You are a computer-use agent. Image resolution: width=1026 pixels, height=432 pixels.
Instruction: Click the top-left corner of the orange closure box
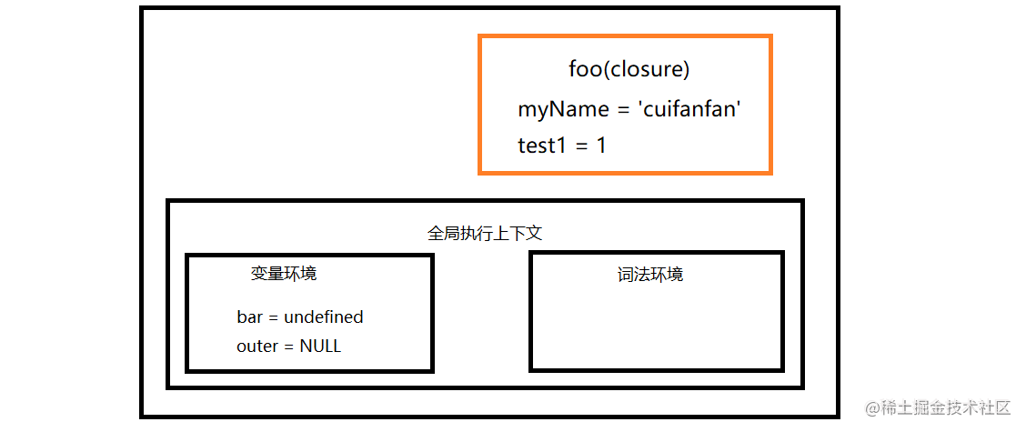point(479,35)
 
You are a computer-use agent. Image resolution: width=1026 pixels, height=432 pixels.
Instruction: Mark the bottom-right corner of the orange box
point(772,174)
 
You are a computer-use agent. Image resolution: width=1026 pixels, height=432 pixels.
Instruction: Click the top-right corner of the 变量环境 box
point(434,255)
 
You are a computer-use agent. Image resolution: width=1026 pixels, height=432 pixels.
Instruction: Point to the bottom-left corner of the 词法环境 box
point(530,370)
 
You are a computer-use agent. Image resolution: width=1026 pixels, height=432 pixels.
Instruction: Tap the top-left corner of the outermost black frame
point(141,7)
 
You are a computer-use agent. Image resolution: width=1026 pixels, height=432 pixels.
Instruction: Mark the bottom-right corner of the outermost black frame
point(840,417)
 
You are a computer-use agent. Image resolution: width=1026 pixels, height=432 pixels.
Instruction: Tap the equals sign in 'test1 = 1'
point(582,146)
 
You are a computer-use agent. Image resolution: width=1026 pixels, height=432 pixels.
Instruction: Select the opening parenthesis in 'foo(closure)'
point(605,70)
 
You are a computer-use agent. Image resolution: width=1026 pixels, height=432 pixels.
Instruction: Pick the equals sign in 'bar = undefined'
point(273,318)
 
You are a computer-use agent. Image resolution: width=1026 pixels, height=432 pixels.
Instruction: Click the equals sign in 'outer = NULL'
point(288,347)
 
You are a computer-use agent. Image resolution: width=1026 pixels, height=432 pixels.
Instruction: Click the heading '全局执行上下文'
point(485,234)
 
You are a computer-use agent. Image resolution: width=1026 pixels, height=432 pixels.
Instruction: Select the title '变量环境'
point(284,274)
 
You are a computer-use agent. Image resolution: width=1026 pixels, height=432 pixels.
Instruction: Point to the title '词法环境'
point(650,275)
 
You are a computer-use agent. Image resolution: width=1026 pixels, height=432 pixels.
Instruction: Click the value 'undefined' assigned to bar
point(323,317)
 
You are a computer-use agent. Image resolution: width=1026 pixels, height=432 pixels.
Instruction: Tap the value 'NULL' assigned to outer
point(320,347)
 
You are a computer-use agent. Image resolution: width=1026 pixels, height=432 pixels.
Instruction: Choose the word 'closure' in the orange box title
point(645,69)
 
